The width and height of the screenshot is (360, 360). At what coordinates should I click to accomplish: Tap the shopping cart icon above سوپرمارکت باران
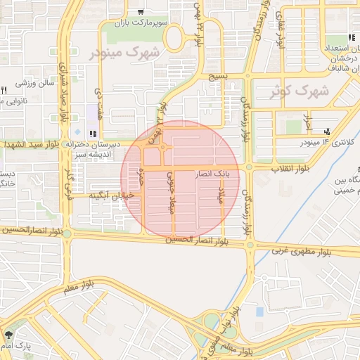click(141, 12)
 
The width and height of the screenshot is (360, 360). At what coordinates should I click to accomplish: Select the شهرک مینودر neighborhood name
click(125, 51)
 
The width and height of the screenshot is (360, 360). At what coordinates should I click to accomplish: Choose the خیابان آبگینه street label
click(110, 196)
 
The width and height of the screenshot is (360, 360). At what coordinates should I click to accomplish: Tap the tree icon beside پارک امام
click(8, 335)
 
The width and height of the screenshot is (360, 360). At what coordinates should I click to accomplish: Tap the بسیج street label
click(219, 75)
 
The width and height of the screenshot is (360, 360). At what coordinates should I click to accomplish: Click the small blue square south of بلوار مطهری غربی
click(259, 311)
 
